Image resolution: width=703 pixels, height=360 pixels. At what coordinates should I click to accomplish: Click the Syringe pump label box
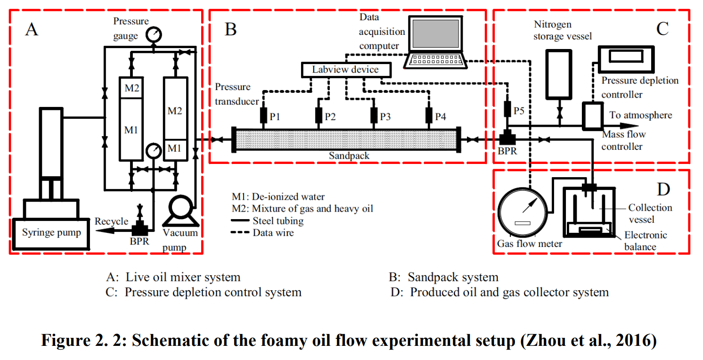(51, 233)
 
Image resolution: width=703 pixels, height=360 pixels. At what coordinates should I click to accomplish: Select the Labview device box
(345, 70)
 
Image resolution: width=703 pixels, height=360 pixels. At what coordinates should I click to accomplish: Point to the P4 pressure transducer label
(441, 117)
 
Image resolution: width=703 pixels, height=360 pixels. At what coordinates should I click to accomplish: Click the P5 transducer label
(519, 111)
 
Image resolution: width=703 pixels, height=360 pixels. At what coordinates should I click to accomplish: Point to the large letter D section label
(663, 189)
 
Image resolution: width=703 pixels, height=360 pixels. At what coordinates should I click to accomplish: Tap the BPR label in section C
(507, 152)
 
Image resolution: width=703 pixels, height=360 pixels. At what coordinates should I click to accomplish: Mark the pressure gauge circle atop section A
(154, 34)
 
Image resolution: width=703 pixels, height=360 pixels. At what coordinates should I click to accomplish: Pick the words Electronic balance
(646, 241)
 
